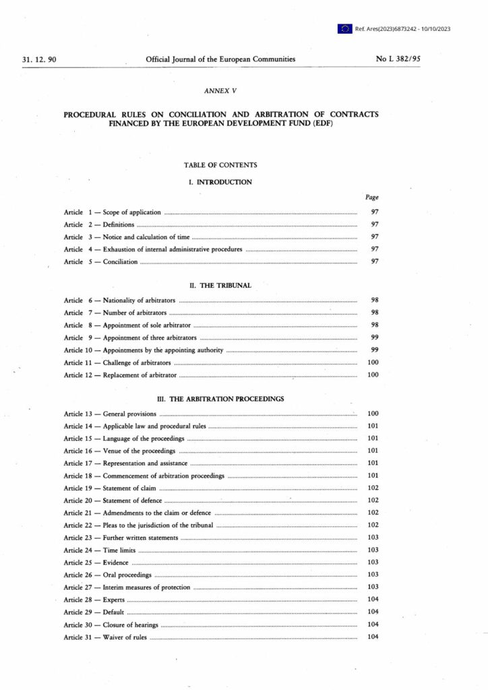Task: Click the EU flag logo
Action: [345, 28]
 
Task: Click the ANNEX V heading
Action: [220, 90]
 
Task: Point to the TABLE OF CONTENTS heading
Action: [220, 164]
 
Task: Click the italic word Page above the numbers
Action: [371, 197]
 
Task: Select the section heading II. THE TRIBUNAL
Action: [220, 285]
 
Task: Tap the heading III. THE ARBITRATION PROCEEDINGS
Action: [220, 398]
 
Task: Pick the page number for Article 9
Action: [375, 337]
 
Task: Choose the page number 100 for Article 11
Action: [373, 363]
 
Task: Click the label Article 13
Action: [78, 412]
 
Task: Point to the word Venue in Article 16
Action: [113, 450]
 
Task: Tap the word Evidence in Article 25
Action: [115, 563]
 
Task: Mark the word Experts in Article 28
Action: [114, 600]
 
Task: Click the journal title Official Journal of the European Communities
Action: [220, 59]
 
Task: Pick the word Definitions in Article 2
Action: [119, 224]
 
